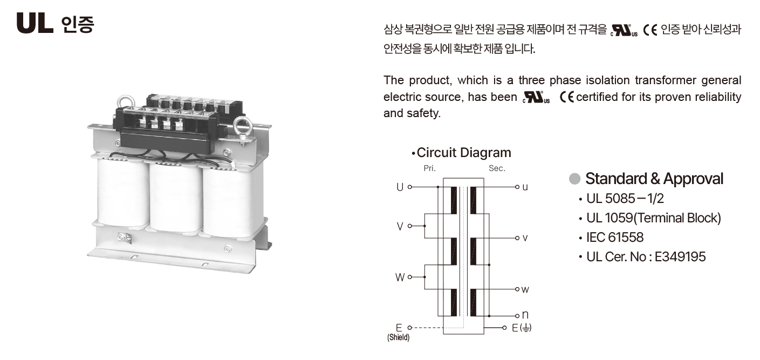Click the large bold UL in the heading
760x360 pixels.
pos(35,23)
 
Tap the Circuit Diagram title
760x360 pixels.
pos(463,153)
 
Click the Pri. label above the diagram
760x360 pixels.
pos(429,168)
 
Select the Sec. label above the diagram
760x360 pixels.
pos(497,168)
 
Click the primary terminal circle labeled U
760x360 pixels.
pos(409,187)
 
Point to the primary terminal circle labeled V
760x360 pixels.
pos(409,226)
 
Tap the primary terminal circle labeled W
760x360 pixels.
pos(409,277)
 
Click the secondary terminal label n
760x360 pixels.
pos(525,315)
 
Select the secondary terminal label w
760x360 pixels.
pos(525,290)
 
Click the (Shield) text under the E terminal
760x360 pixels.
pos(398,337)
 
